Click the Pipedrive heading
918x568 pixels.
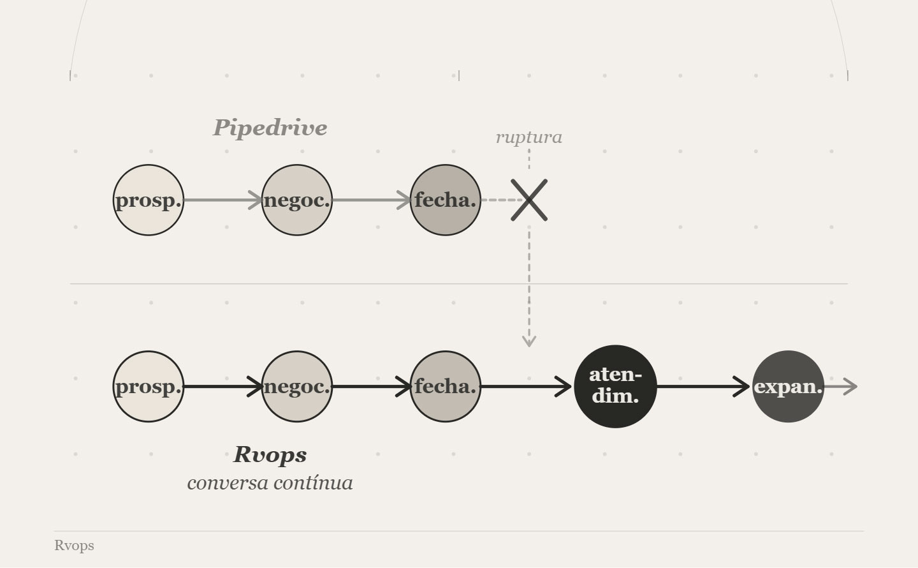(270, 128)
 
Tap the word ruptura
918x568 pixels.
(528, 137)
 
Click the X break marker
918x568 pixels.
(529, 200)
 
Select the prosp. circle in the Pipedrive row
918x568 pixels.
(149, 200)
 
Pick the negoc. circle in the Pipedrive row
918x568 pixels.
(297, 200)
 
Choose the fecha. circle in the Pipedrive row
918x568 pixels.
(445, 200)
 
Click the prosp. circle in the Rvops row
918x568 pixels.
(149, 387)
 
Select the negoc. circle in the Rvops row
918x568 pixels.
(297, 387)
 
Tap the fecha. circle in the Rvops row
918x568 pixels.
(445, 387)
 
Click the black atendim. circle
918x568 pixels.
(615, 387)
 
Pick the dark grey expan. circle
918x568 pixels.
(789, 387)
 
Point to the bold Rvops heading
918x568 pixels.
(270, 455)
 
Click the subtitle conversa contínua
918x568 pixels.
(270, 482)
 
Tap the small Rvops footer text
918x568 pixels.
(74, 546)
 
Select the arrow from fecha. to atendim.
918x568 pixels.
(527, 387)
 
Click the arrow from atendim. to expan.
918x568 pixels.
(703, 387)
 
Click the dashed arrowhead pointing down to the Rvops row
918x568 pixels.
(528, 340)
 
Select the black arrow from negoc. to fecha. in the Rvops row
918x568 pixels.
(371, 387)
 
